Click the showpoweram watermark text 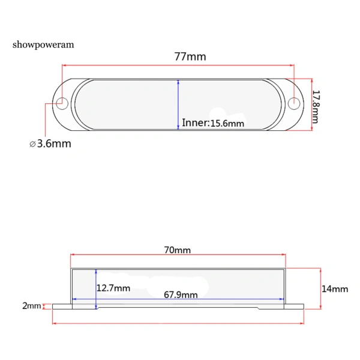tap(43, 45)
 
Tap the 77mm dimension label tap(190, 56)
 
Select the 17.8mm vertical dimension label tap(316, 107)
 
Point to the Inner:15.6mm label tap(213, 123)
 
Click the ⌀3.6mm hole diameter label tap(50, 143)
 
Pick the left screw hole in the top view tap(62, 104)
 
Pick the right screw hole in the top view tap(294, 104)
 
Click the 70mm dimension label tap(177, 250)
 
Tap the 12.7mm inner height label tap(113, 288)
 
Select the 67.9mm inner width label tap(181, 295)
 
